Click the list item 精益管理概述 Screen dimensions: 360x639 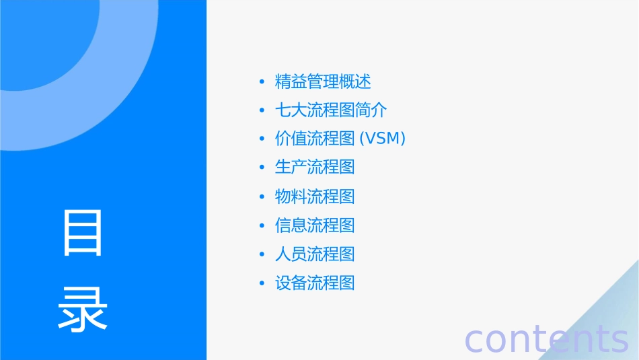click(323, 82)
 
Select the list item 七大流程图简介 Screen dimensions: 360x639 click(331, 110)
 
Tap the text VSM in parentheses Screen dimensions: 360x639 click(383, 139)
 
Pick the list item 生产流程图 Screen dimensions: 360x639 click(315, 167)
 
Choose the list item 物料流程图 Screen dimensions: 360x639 click(315, 196)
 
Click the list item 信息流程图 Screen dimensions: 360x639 click(315, 225)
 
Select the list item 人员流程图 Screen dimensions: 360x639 click(315, 254)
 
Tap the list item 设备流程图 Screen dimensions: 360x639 click(315, 283)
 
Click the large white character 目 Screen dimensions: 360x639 click(83, 233)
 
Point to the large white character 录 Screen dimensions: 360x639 click(83, 310)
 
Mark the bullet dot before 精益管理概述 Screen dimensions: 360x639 click(262, 83)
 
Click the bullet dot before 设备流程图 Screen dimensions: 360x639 click(262, 283)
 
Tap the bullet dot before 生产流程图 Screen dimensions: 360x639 click(262, 167)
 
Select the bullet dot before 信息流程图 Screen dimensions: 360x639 click(262, 225)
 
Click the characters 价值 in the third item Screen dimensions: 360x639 click(291, 139)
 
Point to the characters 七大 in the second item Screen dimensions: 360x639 click(291, 110)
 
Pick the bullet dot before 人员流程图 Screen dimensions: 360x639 click(262, 254)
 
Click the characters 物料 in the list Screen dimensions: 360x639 click(291, 196)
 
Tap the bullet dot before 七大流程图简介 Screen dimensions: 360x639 click(262, 110)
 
